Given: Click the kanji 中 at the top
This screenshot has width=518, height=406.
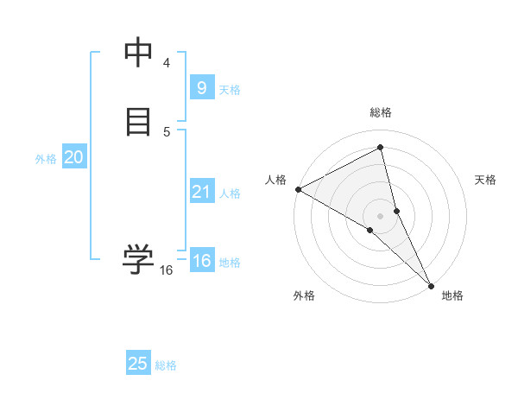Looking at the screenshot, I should pos(138,54).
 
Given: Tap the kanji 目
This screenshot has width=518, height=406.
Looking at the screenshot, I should pos(138,122).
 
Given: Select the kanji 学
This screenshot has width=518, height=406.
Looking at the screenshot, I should pos(138,258).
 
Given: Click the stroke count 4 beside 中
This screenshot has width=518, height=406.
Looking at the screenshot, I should pos(167,63).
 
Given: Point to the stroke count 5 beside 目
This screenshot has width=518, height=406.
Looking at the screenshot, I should pos(167,131).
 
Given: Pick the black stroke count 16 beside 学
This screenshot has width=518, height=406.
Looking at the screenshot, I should pos(166,270).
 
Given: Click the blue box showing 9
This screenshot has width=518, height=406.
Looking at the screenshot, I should pos(201,87).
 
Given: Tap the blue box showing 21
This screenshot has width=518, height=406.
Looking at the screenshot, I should pos(201,192).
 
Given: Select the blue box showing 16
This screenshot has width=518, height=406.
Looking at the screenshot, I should pos(201,261).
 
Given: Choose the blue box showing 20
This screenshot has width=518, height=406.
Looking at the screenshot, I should pos(73,157).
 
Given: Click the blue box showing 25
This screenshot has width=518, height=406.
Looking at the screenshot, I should pos(138,364).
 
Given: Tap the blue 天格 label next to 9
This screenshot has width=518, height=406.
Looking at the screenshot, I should pos(230,89).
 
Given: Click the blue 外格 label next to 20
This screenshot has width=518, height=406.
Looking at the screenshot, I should pos(46,159).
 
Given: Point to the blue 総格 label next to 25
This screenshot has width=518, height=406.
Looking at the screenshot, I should pos(166,365).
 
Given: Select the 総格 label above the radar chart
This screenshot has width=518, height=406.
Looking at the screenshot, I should pos(381,112).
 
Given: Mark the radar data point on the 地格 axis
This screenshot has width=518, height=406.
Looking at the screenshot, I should pos(431,284).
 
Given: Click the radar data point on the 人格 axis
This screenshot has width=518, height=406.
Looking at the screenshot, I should pos(298,189).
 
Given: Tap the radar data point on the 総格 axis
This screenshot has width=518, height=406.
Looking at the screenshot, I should pos(381,148).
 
